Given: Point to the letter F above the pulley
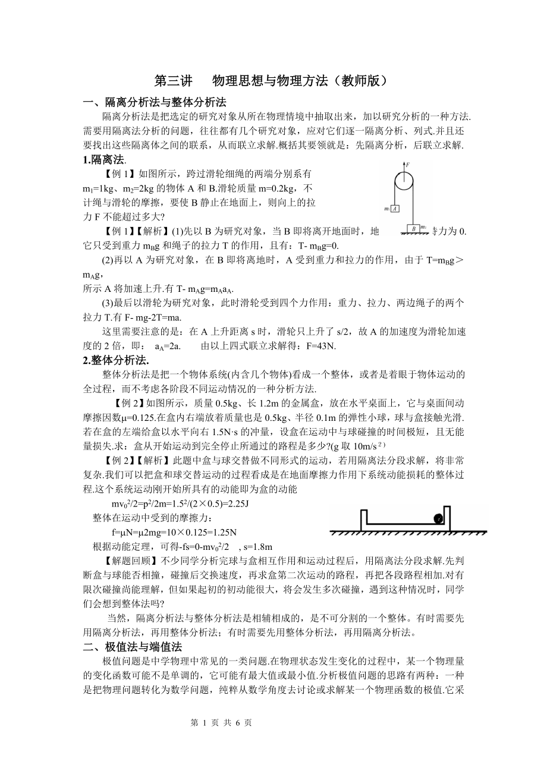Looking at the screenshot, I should click(408, 163).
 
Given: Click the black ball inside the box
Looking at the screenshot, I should click(439, 518).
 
